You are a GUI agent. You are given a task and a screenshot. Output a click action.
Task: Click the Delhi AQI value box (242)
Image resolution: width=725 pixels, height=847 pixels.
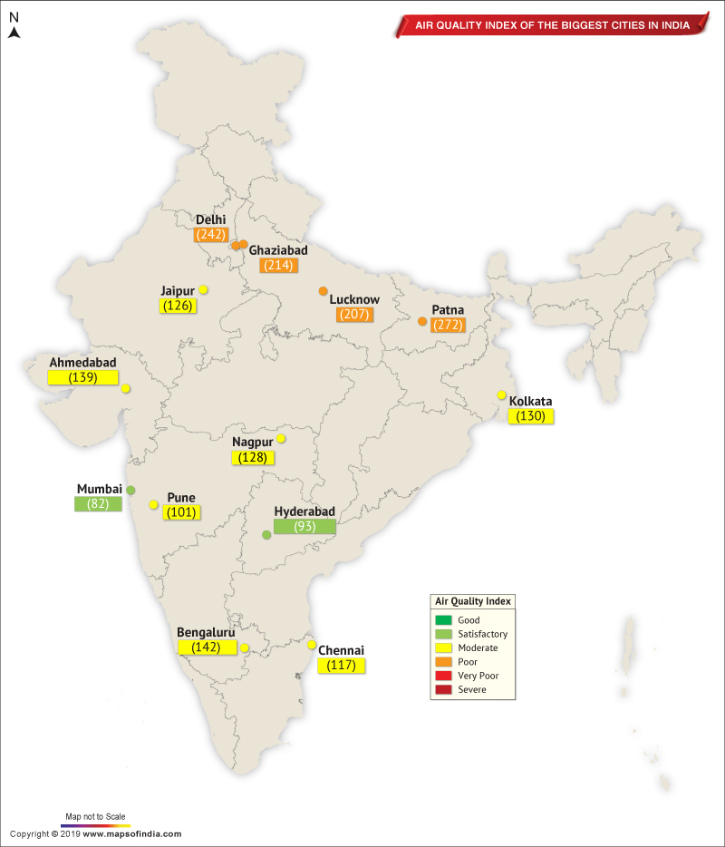pos(209,234)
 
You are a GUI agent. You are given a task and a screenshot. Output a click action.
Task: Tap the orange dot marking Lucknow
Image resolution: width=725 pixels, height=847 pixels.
pos(323,291)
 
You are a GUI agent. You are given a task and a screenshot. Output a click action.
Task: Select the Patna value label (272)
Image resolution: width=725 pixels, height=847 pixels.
pos(448,325)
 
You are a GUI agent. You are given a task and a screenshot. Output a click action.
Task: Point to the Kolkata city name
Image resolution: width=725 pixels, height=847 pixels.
pos(530,401)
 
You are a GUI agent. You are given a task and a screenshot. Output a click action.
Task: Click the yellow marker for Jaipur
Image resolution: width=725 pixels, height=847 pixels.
pos(204,289)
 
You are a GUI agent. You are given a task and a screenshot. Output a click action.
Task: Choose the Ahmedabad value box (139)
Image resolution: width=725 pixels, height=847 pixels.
pos(82,377)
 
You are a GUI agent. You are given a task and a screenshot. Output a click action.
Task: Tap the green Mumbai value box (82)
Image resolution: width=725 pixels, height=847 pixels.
pos(98,504)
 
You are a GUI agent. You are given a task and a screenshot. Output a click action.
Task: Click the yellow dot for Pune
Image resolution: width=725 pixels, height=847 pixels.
pos(154,504)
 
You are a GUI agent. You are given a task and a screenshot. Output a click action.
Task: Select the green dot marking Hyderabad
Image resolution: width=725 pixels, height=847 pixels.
pos(266,535)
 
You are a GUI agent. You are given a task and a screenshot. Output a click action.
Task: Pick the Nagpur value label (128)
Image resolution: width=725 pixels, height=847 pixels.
pos(253,458)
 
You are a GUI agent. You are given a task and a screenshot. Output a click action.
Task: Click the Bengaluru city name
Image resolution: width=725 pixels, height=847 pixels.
pos(206,632)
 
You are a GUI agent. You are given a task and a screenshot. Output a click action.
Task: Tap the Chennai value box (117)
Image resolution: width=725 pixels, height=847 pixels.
pos(342,666)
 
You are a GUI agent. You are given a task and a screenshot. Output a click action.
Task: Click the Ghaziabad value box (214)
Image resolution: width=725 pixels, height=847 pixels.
pos(278,266)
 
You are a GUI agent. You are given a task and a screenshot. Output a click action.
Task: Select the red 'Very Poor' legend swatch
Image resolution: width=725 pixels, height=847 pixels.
pos(443,676)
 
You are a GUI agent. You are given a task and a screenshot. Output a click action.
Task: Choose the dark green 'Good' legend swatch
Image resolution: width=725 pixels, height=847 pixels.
pos(443,620)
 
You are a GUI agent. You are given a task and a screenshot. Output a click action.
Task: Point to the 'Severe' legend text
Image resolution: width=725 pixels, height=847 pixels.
pos(471,689)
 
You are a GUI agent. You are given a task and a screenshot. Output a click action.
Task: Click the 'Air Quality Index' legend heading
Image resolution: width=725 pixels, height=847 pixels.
pos(473,601)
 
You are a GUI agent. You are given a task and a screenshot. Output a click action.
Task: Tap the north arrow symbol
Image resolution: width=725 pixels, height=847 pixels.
pos(14,33)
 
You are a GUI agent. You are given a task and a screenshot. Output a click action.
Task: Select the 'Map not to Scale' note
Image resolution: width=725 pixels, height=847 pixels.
pos(95,816)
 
